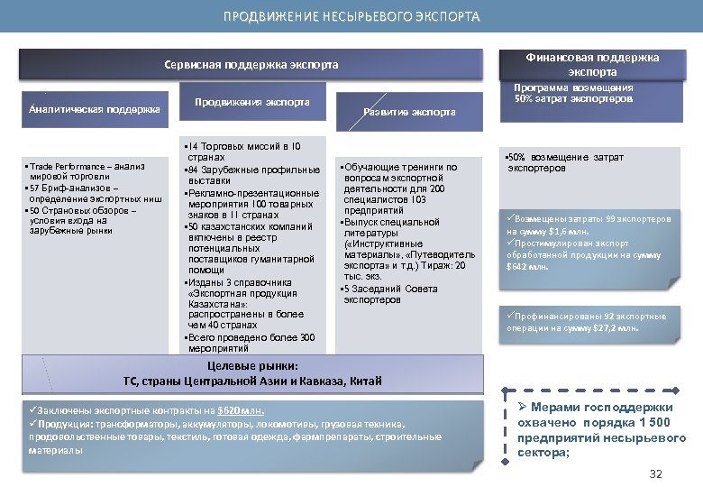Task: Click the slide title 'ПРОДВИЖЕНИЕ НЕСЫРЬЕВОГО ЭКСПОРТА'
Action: (x=351, y=16)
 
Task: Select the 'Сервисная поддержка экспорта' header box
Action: (x=251, y=65)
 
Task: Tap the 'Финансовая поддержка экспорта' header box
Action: (x=592, y=64)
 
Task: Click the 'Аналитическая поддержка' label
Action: (x=95, y=109)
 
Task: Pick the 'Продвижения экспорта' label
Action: (x=252, y=102)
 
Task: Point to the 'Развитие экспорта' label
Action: (x=409, y=112)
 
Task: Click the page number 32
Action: (x=655, y=474)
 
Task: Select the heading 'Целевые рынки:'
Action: (x=251, y=365)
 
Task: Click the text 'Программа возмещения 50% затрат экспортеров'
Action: (x=573, y=93)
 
